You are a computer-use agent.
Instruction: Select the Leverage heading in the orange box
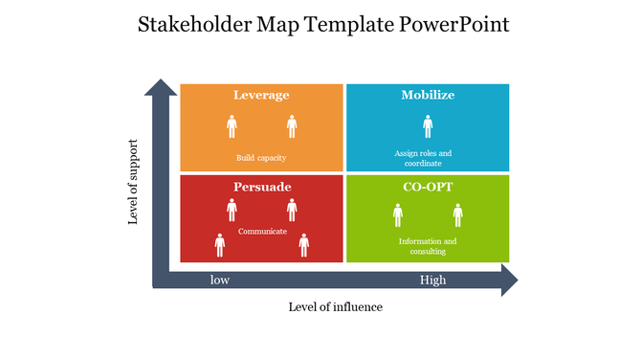261,96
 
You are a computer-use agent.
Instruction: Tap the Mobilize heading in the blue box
428,96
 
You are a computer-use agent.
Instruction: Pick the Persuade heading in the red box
261,186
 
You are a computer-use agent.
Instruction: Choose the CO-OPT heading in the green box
428,186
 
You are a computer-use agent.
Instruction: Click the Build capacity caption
261,158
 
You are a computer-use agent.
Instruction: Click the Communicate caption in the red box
262,231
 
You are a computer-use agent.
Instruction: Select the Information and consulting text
428,246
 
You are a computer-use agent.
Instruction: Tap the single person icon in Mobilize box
428,126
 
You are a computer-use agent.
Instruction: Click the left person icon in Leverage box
232,126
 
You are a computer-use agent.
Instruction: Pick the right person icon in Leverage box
292,126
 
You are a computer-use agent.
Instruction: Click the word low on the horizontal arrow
220,281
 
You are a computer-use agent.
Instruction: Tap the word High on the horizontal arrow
432,281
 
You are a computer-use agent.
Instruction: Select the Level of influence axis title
335,306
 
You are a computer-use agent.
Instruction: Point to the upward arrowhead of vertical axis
161,88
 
